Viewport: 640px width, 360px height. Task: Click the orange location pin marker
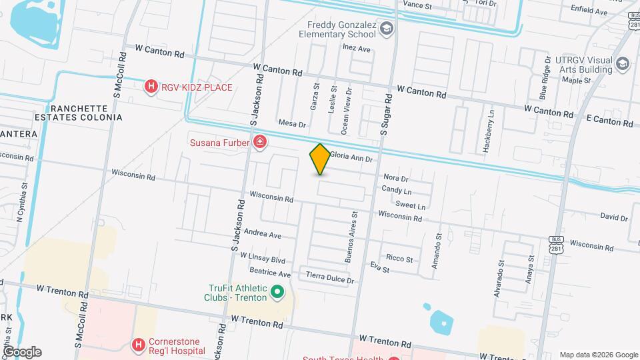320,159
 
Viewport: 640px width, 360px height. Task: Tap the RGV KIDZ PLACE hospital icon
151,87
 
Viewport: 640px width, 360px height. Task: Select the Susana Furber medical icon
259,141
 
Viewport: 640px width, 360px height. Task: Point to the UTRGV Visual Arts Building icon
623,64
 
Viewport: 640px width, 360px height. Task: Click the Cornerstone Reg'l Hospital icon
138,345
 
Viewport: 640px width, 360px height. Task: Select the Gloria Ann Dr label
350,158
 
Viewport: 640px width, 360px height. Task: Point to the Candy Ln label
396,190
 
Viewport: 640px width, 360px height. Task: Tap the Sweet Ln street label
409,205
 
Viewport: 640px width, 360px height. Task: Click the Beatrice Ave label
269,273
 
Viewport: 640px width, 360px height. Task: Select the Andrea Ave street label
263,234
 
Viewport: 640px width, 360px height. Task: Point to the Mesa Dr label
291,124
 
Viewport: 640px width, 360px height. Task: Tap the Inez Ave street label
355,49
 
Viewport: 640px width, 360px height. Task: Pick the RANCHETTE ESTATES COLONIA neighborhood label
85,113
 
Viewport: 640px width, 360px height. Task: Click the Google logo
22,351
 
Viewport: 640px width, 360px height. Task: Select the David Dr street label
613,217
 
